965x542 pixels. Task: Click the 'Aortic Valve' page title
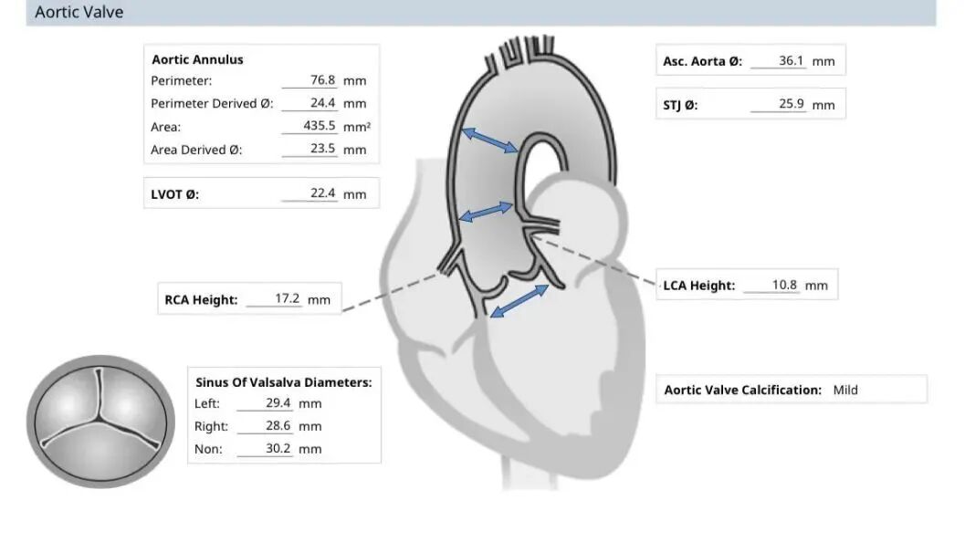point(79,13)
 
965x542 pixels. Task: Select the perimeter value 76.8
point(322,80)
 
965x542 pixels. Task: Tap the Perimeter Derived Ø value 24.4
point(322,103)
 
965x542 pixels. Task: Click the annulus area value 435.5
point(320,126)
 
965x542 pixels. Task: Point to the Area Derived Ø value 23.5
point(322,149)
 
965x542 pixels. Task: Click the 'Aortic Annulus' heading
point(197,59)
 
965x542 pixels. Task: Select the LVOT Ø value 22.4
point(322,193)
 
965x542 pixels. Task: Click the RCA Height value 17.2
point(288,298)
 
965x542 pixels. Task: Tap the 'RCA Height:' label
point(201,299)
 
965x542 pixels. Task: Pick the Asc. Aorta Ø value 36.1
point(791,61)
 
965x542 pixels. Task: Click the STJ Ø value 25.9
point(791,104)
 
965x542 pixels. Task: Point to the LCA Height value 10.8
point(784,285)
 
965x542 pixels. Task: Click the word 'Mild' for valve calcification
point(845,390)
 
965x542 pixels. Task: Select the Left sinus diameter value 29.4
point(278,403)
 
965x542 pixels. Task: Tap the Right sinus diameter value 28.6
point(278,426)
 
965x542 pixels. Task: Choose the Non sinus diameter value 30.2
point(278,449)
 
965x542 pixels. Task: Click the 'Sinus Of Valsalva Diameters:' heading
point(283,382)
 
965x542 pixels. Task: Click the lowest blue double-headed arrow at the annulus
point(519,301)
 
